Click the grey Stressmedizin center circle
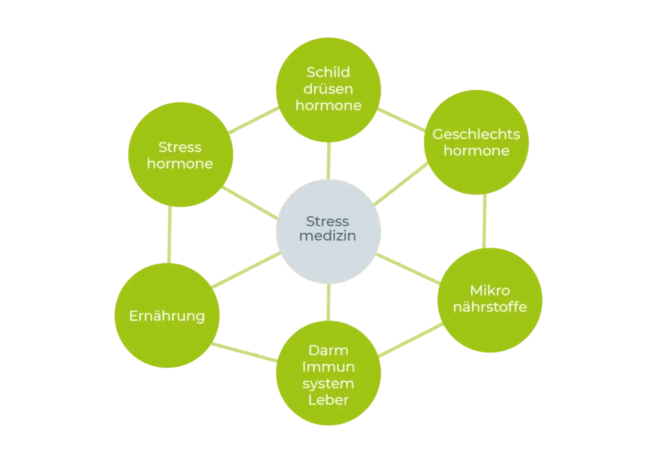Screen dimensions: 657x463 [328, 231]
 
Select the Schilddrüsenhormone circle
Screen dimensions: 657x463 [328, 90]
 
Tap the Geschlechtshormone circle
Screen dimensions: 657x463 [477, 142]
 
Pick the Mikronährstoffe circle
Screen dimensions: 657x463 [490, 300]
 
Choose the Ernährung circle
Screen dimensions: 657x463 [167, 316]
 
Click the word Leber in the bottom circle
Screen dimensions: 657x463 [328, 400]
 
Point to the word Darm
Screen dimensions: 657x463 [328, 350]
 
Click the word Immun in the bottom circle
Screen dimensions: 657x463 [328, 367]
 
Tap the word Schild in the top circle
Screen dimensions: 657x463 [328, 72]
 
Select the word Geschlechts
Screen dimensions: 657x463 [477, 134]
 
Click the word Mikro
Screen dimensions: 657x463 [490, 290]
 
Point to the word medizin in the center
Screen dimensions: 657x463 [328, 236]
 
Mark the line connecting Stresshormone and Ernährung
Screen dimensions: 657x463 [169, 235]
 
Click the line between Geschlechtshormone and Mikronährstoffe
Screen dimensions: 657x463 [485, 221]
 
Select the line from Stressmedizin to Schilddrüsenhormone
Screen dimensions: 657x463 [328, 161]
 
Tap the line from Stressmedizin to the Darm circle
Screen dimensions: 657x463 [328, 302]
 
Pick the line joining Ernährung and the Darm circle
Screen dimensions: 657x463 [244, 352]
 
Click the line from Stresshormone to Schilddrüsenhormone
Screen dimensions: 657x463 [253, 120]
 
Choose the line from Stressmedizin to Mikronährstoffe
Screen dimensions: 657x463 [408, 268]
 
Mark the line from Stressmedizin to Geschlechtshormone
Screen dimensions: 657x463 [400, 184]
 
